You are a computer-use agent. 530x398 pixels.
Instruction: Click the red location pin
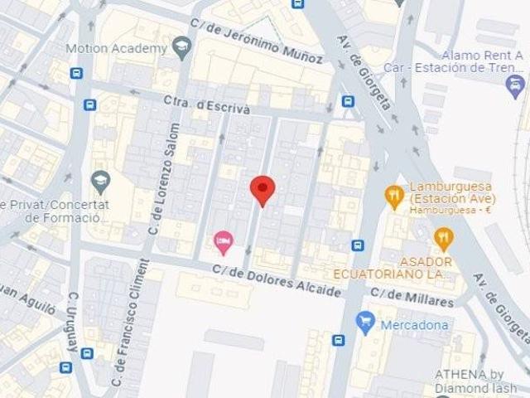[x=263, y=190]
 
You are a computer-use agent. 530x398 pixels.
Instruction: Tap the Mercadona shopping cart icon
[x=365, y=321]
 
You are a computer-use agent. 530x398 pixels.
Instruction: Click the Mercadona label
[x=414, y=325]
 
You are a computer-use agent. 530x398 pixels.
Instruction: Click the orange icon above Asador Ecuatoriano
[x=444, y=240]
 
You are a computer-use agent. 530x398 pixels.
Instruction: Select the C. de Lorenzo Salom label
[x=163, y=178]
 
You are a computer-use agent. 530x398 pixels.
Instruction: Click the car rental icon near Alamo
[x=515, y=83]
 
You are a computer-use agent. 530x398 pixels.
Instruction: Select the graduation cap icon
[x=101, y=179]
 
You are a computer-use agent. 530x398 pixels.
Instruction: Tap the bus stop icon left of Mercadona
[x=339, y=340]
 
